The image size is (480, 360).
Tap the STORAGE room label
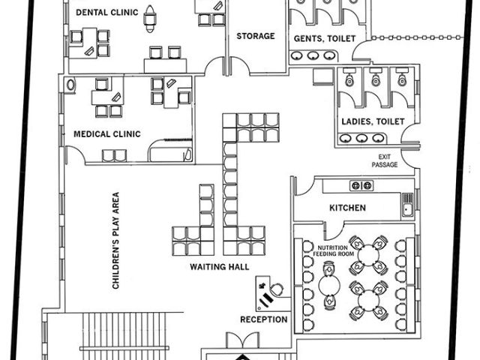pyautogui.click(x=256, y=36)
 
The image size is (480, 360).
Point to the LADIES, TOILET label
pyautogui.click(x=373, y=121)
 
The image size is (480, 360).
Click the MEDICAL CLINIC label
pyautogui.click(x=107, y=134)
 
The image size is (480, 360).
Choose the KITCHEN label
pyautogui.click(x=347, y=208)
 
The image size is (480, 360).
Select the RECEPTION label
pyautogui.click(x=263, y=319)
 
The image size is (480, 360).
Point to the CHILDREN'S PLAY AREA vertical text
pyautogui.click(x=116, y=241)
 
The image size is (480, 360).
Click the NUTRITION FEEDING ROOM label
pyautogui.click(x=334, y=251)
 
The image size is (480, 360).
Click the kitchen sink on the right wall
pyautogui.click(x=407, y=203)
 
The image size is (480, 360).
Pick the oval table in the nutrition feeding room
pyautogui.click(x=328, y=286)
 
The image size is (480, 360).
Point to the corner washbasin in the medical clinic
pyautogui.click(x=71, y=85)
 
